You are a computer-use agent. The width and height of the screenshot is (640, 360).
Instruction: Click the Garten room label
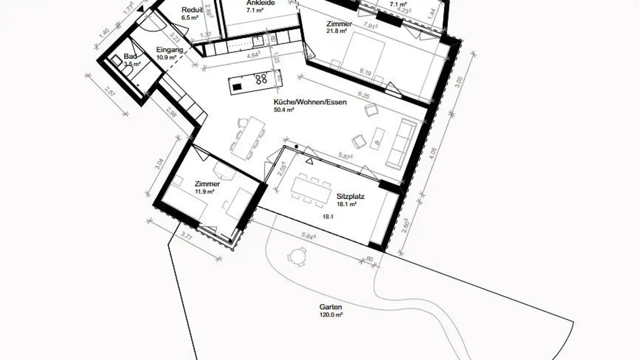(331, 307)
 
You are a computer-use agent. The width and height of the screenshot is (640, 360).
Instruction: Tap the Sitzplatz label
(351, 196)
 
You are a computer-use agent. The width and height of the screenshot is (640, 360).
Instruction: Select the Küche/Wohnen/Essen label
(310, 102)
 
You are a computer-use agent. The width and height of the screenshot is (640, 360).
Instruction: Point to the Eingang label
(170, 50)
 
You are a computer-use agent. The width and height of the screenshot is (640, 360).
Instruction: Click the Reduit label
(192, 10)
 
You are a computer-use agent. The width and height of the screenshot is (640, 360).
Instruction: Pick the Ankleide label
(261, 3)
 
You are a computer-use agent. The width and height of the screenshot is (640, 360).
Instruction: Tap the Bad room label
(130, 56)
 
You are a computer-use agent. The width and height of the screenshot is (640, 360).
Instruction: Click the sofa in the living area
(401, 143)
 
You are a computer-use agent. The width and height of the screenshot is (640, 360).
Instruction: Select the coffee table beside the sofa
(377, 137)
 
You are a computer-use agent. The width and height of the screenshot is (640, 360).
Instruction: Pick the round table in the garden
(296, 256)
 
